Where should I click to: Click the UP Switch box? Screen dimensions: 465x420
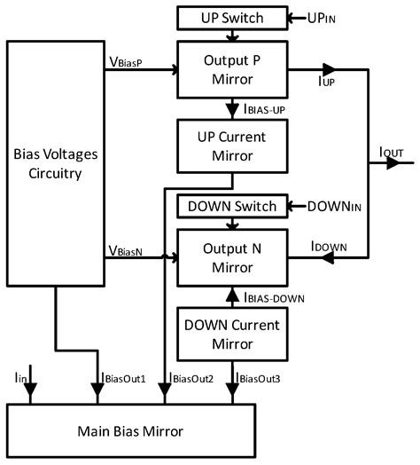(233, 18)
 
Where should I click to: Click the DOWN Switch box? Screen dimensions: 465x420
(233, 206)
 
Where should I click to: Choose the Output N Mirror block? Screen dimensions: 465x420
(233, 256)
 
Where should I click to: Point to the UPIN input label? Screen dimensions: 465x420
(328, 18)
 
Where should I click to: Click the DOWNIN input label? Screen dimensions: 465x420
(339, 207)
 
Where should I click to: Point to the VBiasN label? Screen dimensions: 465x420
(127, 251)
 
